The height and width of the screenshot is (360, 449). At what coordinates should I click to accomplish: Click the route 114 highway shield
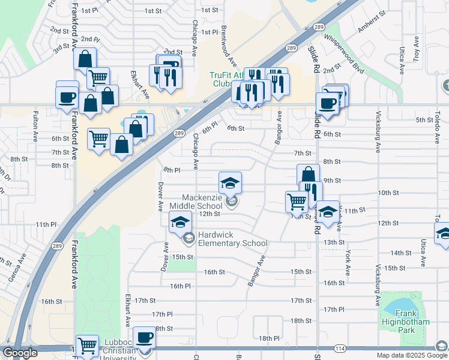(x=340, y=348)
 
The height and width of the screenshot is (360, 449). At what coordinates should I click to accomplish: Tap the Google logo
(x=20, y=353)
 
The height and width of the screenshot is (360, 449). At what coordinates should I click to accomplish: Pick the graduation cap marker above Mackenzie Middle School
(x=230, y=182)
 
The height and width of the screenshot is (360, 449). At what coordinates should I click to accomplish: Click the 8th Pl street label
(x=172, y=170)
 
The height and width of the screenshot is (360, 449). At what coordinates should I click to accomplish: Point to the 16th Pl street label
(x=180, y=286)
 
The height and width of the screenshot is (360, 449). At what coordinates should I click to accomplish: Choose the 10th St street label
(x=385, y=193)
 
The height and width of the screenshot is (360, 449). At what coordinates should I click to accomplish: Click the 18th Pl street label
(x=270, y=338)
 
